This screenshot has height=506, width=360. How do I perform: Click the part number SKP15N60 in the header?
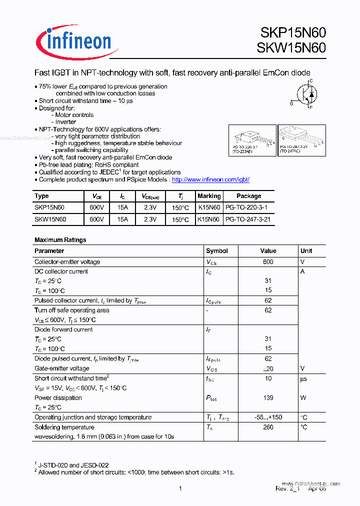(293, 33)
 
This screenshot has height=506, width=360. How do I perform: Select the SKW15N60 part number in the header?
(292, 48)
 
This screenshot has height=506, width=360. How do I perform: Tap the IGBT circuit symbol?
(305, 93)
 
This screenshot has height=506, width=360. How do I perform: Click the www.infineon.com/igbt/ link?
(210, 179)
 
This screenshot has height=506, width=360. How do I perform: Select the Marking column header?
(209, 196)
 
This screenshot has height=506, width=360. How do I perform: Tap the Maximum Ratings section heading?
(60, 240)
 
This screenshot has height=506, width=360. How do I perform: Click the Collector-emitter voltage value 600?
(268, 261)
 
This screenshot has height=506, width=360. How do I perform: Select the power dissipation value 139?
(268, 398)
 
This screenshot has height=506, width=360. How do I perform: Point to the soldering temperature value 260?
(268, 427)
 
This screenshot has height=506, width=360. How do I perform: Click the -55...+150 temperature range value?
(268, 417)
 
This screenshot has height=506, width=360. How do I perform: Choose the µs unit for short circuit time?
(303, 378)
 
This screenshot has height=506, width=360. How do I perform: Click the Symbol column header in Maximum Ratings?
(216, 251)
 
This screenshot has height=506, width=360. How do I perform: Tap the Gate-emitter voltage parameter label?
(61, 368)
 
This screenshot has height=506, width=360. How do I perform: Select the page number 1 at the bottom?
(180, 488)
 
